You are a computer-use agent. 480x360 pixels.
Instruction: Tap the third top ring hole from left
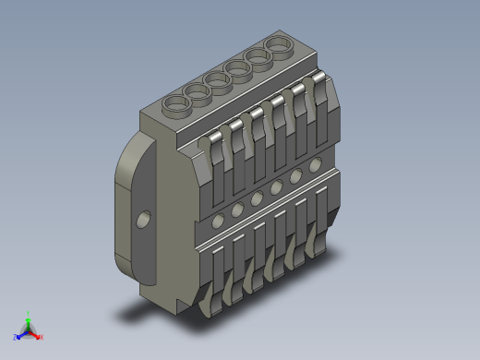point(219,80)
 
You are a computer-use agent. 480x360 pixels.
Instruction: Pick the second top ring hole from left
point(197,93)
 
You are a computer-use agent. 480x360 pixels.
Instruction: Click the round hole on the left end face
point(142,219)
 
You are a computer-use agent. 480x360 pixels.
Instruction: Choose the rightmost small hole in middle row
point(316,166)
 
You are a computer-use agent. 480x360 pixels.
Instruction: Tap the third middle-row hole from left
point(257,198)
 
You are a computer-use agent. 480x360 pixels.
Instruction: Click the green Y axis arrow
point(29,320)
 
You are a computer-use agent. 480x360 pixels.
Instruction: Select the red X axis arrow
point(35,334)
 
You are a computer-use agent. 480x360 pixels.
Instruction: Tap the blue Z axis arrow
point(21,333)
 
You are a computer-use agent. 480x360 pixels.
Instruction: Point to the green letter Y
point(29,313)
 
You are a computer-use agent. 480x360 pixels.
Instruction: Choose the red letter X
point(41,337)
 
